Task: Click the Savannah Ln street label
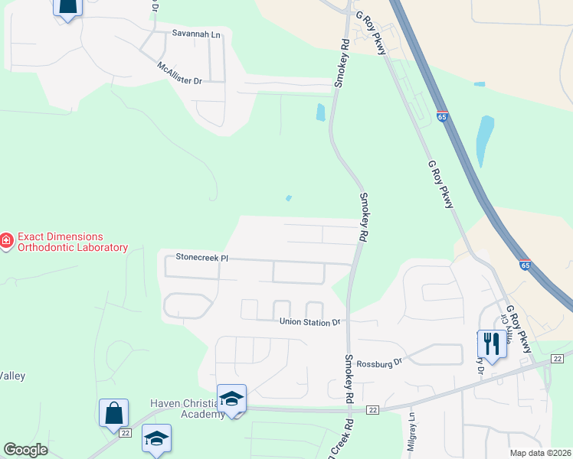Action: click(195, 34)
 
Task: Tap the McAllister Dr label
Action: click(179, 74)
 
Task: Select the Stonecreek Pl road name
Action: click(202, 258)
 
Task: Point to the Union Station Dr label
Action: click(309, 322)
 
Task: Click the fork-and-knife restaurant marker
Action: click(490, 343)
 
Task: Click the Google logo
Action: click(25, 450)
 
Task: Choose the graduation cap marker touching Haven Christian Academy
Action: click(231, 399)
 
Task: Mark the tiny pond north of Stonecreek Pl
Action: click(288, 198)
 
